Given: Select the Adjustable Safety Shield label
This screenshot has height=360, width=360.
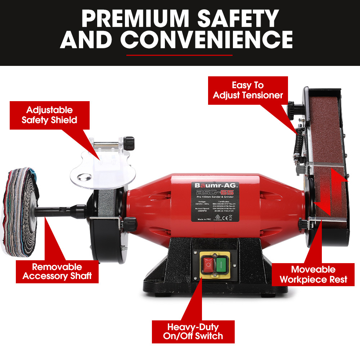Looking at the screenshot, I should (x=49, y=115).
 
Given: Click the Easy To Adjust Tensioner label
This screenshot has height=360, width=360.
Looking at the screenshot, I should (x=248, y=90).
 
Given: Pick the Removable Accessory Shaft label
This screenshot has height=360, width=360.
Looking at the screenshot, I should (x=57, y=271).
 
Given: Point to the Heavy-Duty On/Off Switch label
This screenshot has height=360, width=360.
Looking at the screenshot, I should (x=193, y=332).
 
